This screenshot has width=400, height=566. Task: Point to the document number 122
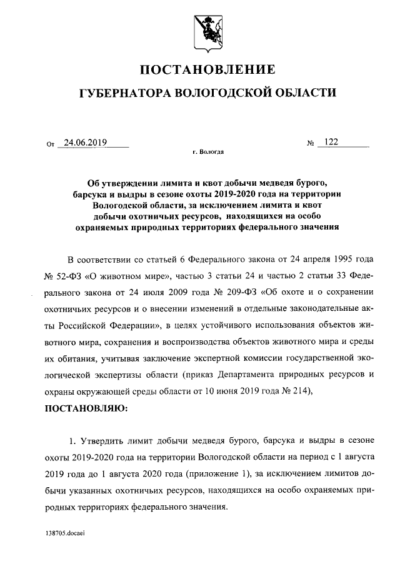[331, 142]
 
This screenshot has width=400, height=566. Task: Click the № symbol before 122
[310, 144]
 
